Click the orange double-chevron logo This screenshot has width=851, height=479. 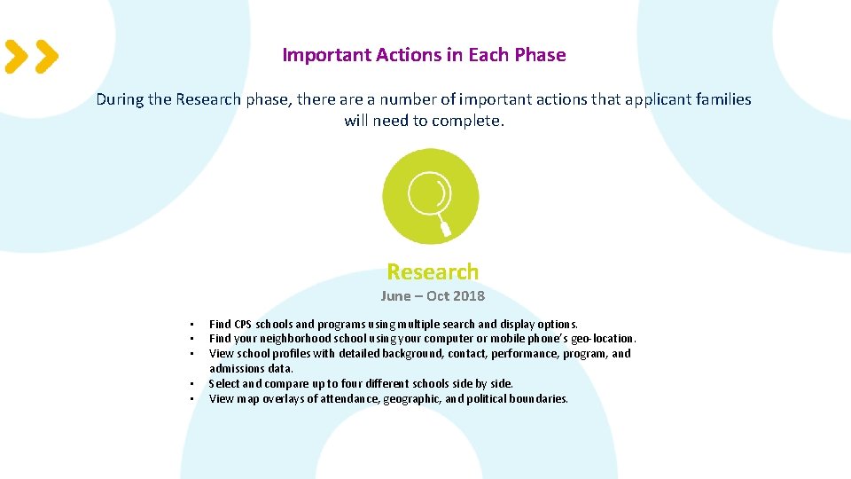coord(32,56)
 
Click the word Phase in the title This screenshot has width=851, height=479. coord(540,55)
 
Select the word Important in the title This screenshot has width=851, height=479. coord(325,55)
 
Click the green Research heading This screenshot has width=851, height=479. coord(433,271)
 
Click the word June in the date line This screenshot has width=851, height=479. coord(396,296)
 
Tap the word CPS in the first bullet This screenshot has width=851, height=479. coord(244,324)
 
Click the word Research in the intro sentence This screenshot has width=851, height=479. coord(208,99)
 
